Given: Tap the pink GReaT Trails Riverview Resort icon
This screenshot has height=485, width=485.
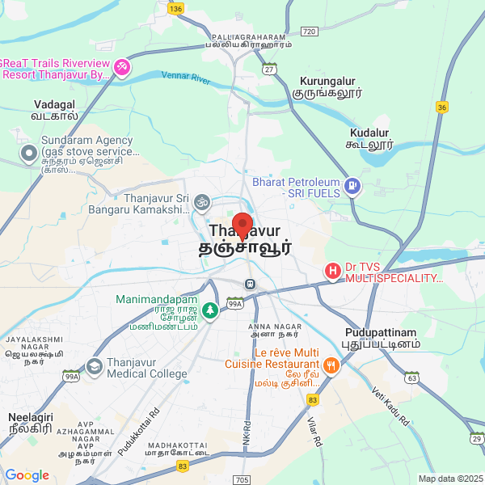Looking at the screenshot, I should [x=121, y=66].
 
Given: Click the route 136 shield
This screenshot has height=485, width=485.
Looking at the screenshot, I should [x=176, y=8].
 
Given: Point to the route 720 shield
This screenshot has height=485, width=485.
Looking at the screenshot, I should [x=308, y=32].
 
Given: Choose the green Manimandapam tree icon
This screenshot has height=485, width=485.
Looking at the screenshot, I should [x=210, y=310].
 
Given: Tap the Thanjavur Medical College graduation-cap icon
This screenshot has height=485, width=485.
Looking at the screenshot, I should [x=95, y=367].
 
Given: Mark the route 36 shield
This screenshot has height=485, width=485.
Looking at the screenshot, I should [x=441, y=107].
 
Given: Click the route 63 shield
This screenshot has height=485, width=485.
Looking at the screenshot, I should [x=412, y=377].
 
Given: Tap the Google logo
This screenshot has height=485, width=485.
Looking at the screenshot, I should [x=27, y=475].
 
